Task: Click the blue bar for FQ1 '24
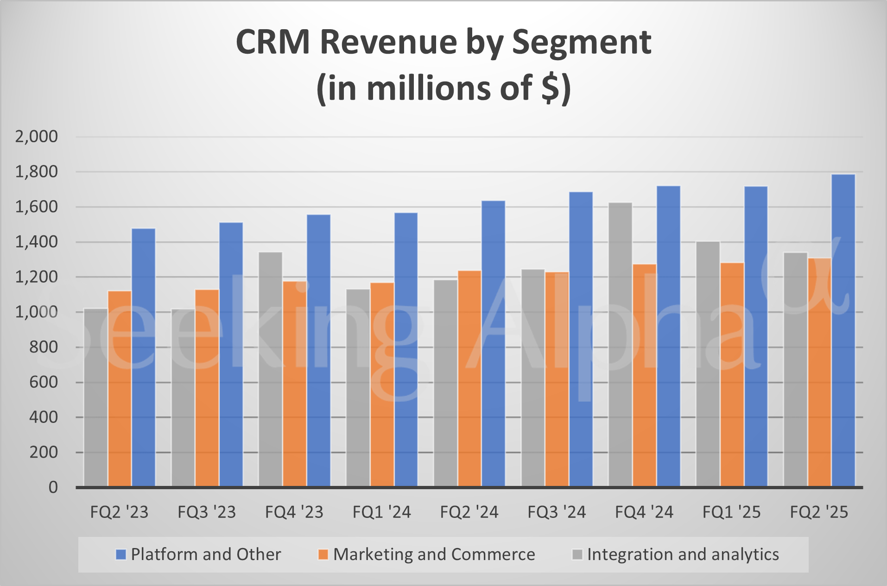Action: [x=406, y=349]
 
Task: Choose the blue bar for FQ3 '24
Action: [x=581, y=339]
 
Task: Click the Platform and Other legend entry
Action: [x=198, y=554]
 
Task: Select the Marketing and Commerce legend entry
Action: [x=426, y=554]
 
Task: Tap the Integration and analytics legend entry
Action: [x=676, y=554]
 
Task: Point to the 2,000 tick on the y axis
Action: [x=37, y=137]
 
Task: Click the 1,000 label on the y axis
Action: [x=37, y=312]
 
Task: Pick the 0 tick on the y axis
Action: [x=53, y=487]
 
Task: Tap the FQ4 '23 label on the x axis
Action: [x=294, y=512]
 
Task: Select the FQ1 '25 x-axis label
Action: [x=732, y=512]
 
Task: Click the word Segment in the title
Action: [x=582, y=43]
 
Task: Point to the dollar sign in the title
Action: [x=551, y=88]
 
